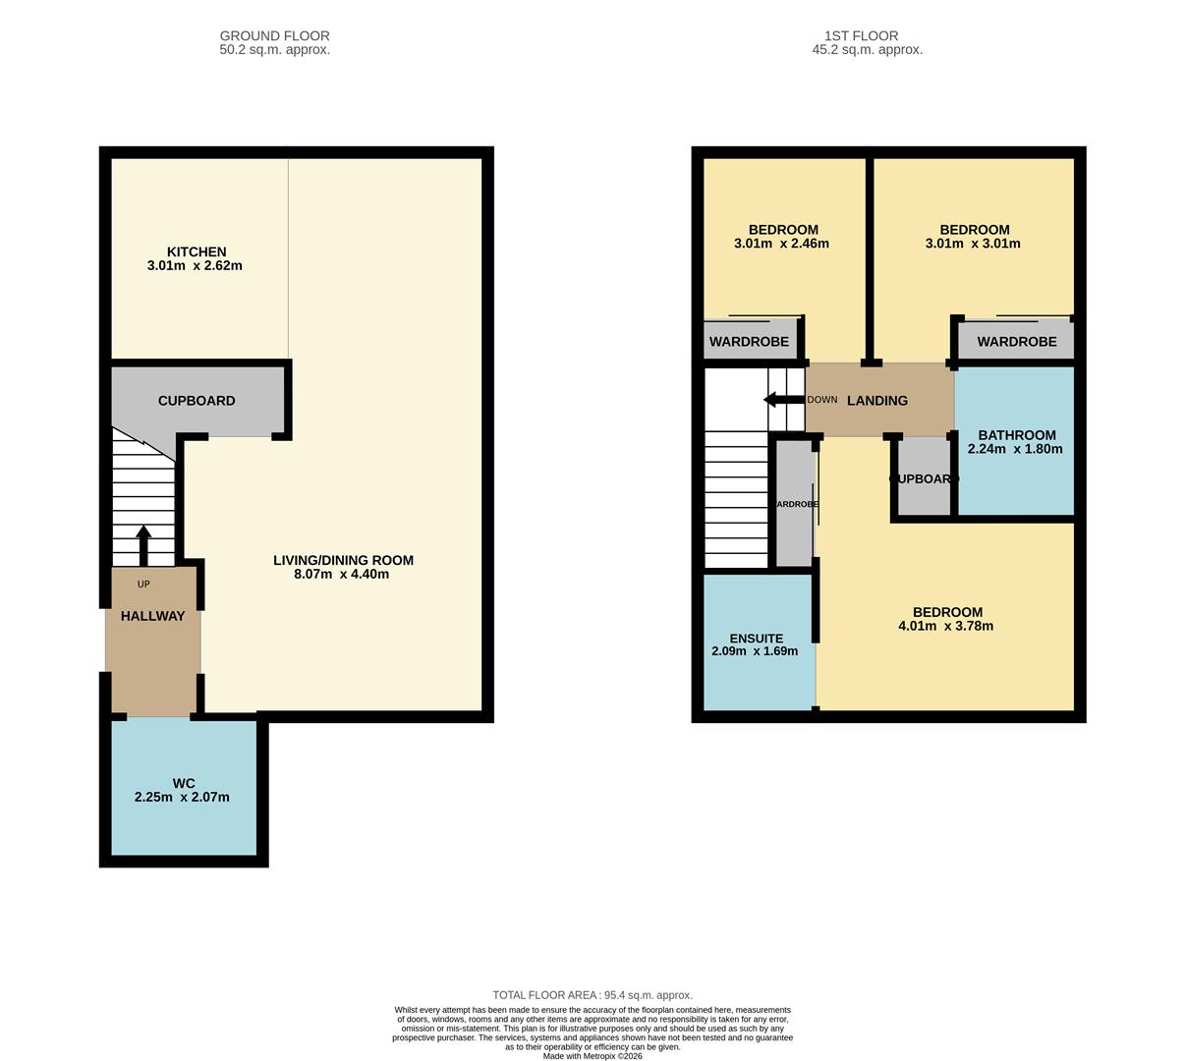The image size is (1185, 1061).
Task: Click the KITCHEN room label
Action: click(x=197, y=252)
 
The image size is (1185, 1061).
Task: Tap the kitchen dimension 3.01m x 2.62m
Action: click(x=195, y=265)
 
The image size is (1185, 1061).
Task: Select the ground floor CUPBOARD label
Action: click(x=197, y=401)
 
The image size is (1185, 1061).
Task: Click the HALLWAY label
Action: click(x=152, y=616)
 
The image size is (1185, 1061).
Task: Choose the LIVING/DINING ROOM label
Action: click(x=343, y=561)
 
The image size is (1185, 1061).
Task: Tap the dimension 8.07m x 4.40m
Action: click(x=342, y=574)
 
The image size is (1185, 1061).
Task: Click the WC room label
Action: click(x=184, y=784)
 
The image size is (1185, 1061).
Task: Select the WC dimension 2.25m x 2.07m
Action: click(x=182, y=797)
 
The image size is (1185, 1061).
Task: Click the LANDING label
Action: click(x=877, y=401)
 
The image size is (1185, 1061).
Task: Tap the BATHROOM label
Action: click(x=1016, y=435)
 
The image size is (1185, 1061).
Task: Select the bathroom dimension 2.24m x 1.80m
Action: click(x=1015, y=449)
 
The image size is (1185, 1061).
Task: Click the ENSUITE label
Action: click(x=756, y=639)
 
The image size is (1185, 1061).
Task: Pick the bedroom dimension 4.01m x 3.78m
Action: click(x=945, y=626)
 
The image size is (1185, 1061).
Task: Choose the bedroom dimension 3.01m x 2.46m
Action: click(x=781, y=244)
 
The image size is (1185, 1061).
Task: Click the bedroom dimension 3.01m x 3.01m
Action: click(x=973, y=244)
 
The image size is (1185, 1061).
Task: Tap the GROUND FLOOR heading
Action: click(x=274, y=36)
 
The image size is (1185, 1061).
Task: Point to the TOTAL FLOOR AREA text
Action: click(x=592, y=995)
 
